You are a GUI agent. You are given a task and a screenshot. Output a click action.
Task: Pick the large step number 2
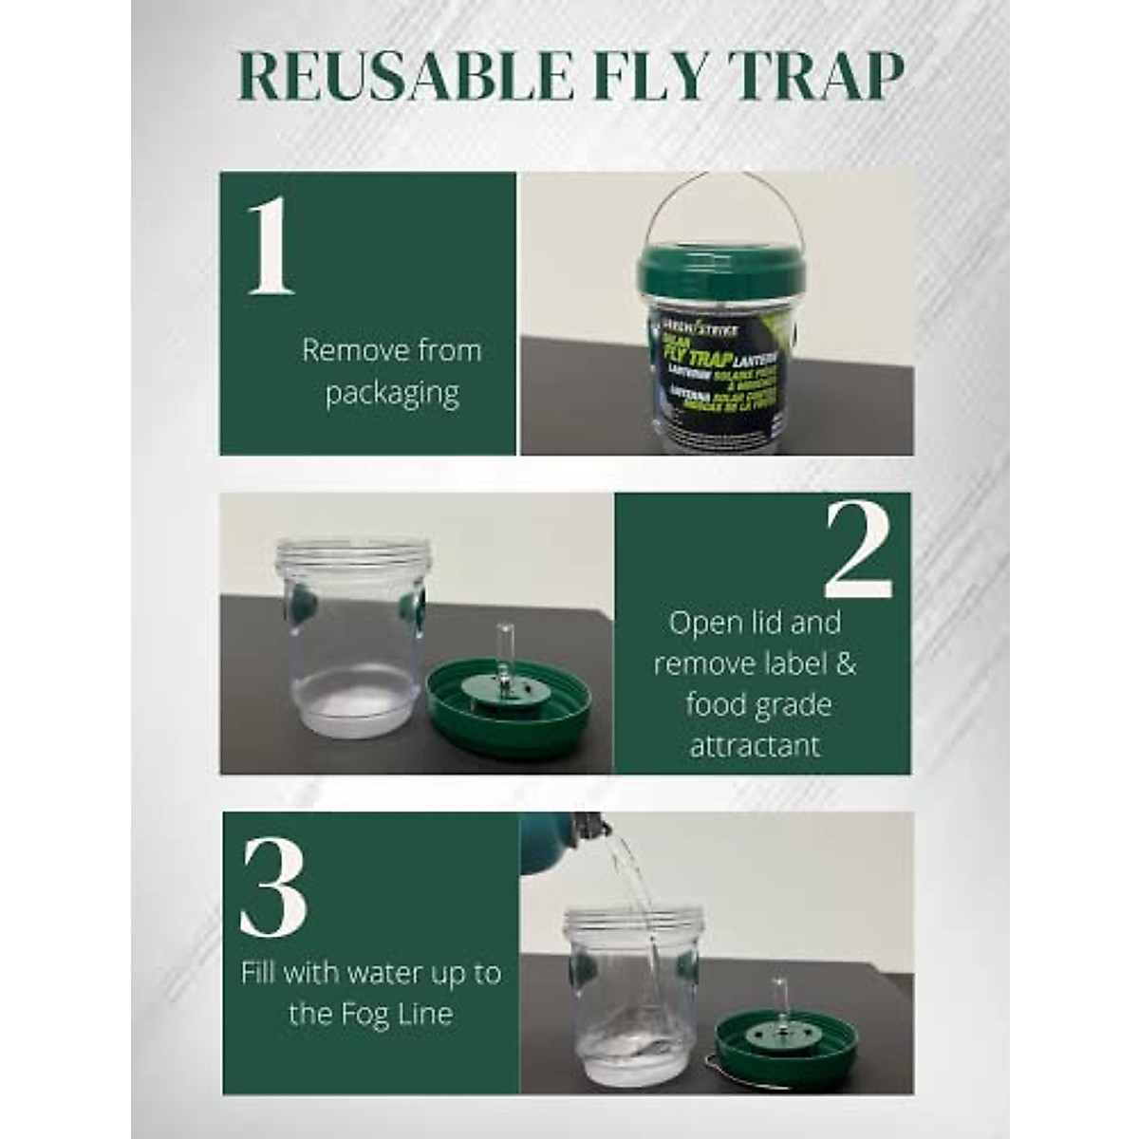tap(858, 551)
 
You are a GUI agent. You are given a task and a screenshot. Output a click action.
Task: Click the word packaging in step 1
tap(392, 393)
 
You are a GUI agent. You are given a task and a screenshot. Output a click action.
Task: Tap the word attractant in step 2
tap(755, 745)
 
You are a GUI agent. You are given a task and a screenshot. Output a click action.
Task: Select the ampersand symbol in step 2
tap(845, 663)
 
